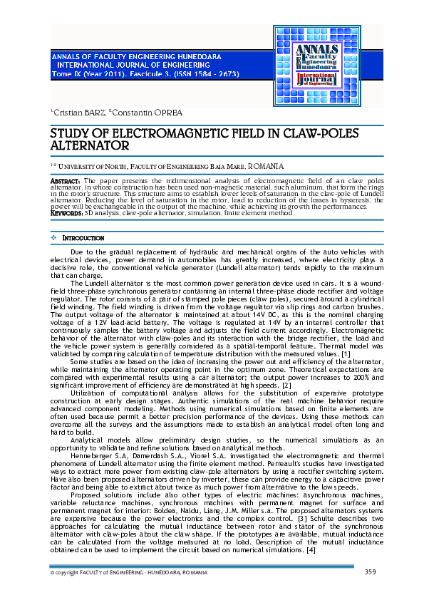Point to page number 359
370,571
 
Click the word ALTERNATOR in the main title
89,145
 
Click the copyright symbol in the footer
52,572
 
